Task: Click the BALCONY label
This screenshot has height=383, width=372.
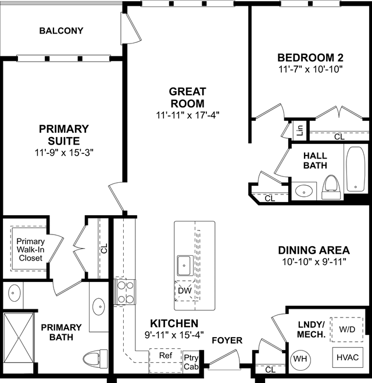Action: pos(61,31)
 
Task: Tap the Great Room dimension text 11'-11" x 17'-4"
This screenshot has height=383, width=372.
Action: pos(188,115)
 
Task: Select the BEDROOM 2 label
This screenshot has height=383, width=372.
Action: pos(310,58)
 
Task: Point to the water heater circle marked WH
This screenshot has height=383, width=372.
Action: pos(300,359)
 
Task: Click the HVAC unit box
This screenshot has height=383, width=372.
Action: pos(348,357)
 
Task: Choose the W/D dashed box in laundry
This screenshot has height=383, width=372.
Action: pos(346,330)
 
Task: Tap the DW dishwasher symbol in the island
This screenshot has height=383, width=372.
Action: pos(184,291)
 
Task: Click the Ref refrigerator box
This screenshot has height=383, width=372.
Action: pos(166,360)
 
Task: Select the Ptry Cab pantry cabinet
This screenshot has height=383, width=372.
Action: pos(191,362)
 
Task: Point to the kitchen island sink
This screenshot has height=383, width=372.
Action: pos(185,266)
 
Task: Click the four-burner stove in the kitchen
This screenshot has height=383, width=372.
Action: pos(125,292)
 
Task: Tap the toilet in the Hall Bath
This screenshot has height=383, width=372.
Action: pos(331,187)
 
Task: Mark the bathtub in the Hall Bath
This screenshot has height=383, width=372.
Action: pos(356,169)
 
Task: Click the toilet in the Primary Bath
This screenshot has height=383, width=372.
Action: pos(95,359)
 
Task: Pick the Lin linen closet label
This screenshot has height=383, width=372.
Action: pos(299,130)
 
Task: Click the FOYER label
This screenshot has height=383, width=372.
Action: pos(227,340)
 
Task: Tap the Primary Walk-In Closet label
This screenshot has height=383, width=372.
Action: pos(31,250)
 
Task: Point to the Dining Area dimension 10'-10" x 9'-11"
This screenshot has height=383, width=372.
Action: pos(314,262)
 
